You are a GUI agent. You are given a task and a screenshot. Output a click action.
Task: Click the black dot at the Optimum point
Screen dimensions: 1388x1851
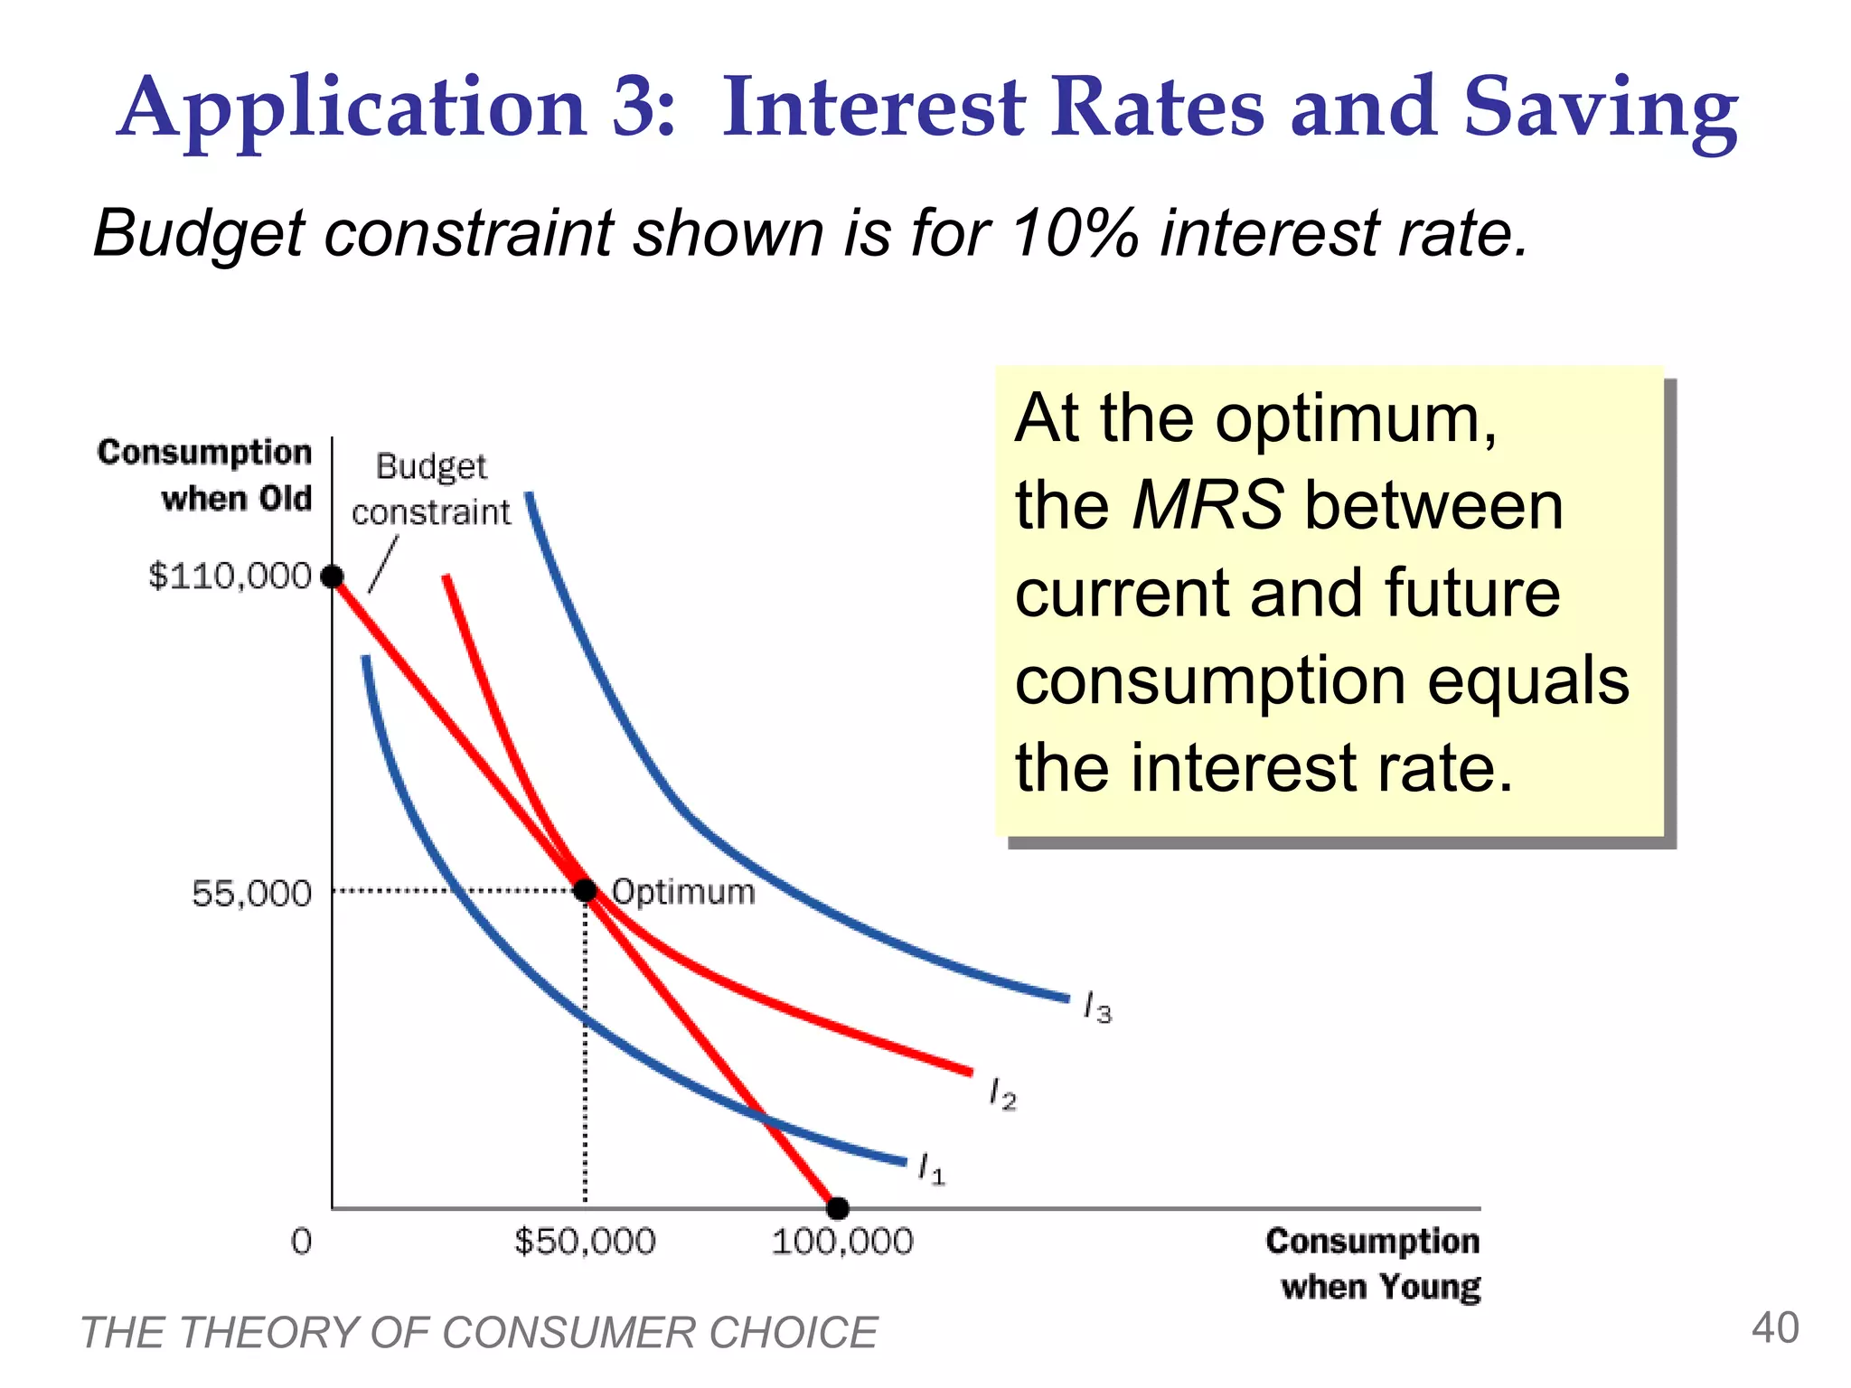coord(586,891)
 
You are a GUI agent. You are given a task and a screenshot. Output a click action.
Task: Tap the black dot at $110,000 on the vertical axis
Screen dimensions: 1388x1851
coord(333,576)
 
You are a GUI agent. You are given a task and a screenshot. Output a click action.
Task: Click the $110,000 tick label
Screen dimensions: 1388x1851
coord(230,576)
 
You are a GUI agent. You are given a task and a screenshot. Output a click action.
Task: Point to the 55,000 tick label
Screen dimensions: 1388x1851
coord(251,894)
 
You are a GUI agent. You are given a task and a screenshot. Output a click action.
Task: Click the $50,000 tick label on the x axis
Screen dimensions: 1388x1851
coord(585,1242)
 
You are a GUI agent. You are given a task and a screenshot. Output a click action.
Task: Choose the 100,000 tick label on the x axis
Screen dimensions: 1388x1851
coord(841,1242)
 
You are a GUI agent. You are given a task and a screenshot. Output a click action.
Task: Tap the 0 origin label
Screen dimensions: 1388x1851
coord(301,1242)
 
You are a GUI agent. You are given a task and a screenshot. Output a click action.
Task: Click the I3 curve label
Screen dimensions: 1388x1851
coord(1097,1007)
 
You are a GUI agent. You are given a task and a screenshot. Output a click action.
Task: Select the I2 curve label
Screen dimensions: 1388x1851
coord(1002,1093)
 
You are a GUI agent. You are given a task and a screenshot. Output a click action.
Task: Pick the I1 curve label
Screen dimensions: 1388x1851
coord(931,1168)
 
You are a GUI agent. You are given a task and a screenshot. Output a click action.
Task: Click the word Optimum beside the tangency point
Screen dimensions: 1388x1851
coord(683,892)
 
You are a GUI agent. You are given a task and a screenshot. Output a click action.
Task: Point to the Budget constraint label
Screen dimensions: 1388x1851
coord(431,489)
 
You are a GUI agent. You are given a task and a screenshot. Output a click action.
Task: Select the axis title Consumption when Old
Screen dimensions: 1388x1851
coord(205,474)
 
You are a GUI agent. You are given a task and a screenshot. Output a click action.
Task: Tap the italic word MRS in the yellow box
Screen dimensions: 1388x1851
coord(1207,504)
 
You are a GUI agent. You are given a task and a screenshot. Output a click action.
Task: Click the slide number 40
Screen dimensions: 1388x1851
coord(1774,1328)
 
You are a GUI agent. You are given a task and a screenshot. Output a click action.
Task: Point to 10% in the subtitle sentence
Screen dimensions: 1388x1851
coord(1075,233)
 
